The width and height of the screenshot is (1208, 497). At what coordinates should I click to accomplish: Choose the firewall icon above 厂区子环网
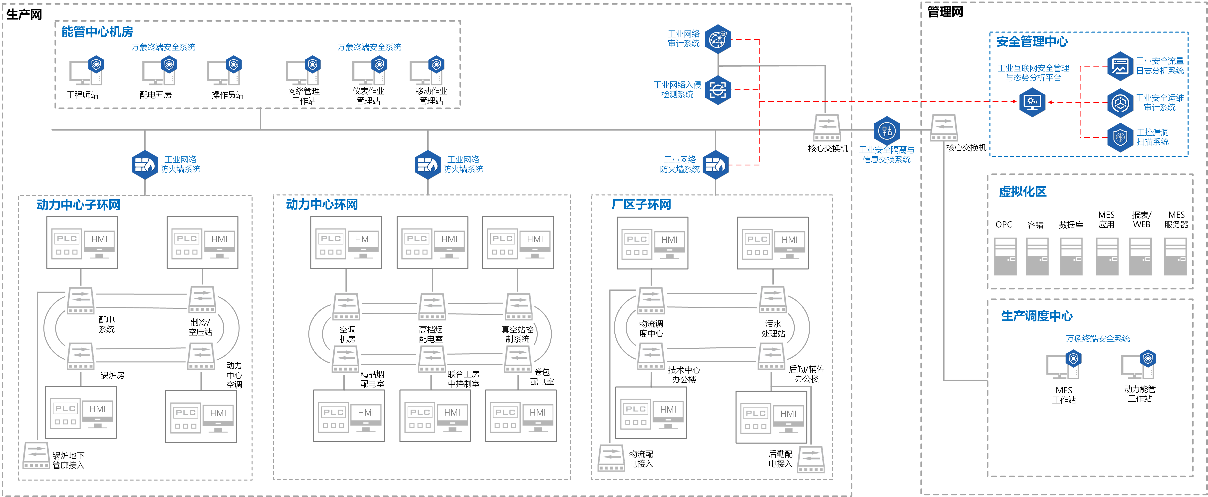[716, 165]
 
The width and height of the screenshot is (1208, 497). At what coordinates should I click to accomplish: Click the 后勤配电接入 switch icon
[811, 460]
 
